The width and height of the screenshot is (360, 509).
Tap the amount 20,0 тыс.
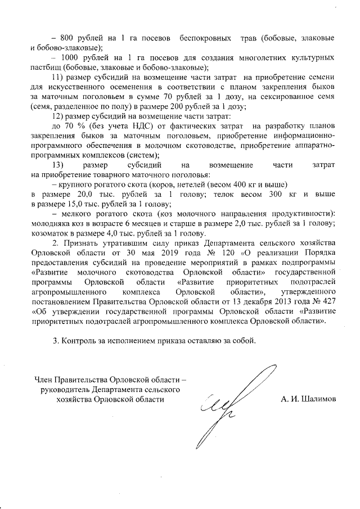click(x=83, y=194)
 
